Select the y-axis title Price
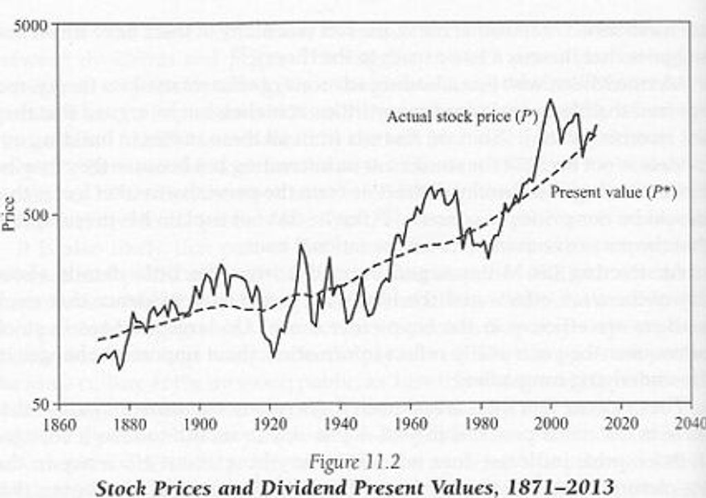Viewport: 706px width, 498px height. (9, 214)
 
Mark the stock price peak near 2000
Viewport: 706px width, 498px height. (551, 100)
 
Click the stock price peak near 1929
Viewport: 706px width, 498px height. (301, 246)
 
